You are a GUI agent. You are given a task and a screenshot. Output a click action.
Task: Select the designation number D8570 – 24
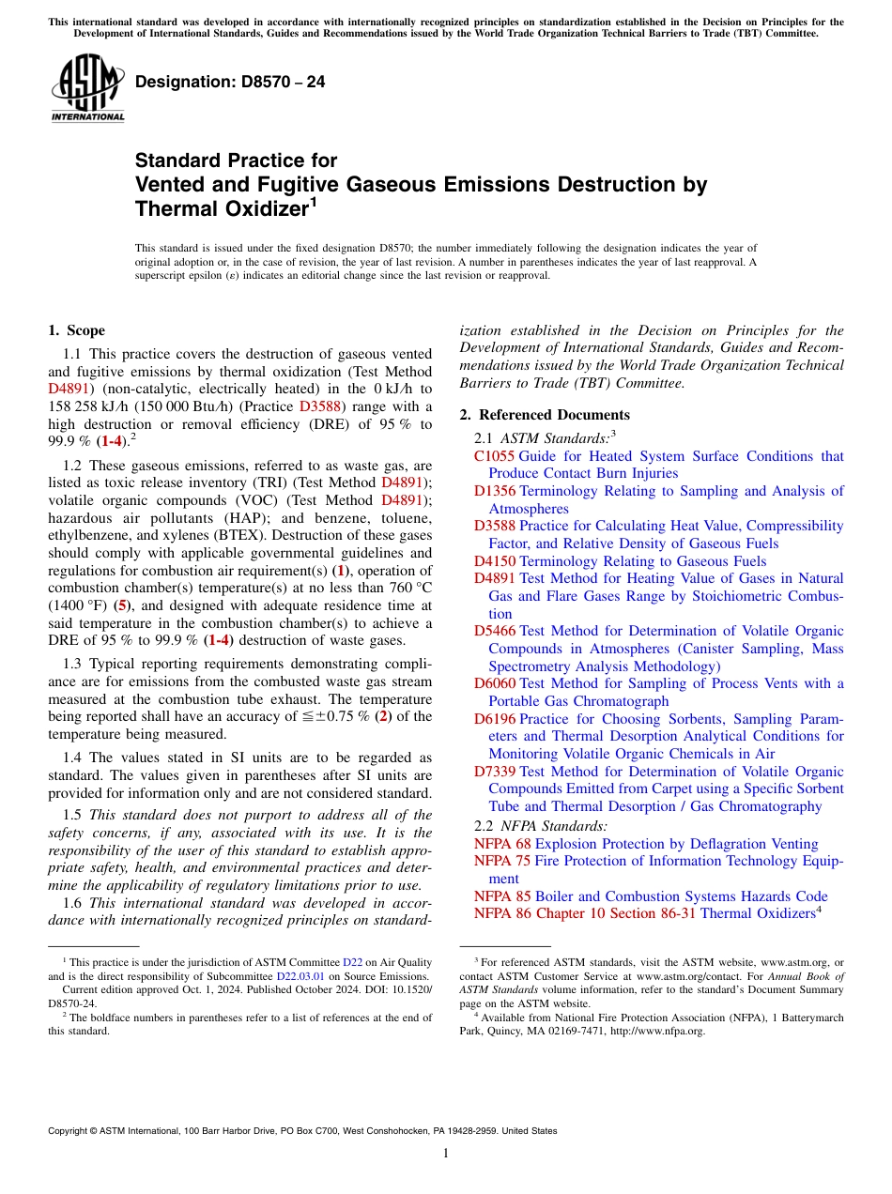pyautogui.click(x=230, y=82)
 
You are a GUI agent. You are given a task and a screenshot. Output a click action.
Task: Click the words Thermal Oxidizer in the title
pyautogui.click(x=222, y=208)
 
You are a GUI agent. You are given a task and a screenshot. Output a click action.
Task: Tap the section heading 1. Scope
pyautogui.click(x=76, y=330)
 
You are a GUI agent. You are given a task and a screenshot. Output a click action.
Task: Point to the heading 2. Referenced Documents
pyautogui.click(x=545, y=415)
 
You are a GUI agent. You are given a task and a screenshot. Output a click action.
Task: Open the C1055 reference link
pyautogui.click(x=493, y=456)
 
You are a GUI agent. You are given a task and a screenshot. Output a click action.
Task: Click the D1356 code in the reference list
pyautogui.click(x=495, y=491)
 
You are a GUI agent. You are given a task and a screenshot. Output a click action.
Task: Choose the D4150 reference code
pyautogui.click(x=495, y=561)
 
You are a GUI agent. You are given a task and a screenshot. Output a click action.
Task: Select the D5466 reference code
pyautogui.click(x=495, y=631)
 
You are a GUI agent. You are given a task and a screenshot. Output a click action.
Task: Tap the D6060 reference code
pyautogui.click(x=495, y=683)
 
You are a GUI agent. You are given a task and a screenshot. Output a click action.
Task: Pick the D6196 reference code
pyautogui.click(x=495, y=719)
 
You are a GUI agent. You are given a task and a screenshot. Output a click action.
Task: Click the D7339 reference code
pyautogui.click(x=495, y=772)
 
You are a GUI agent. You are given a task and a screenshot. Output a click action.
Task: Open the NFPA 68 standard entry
pyautogui.click(x=502, y=844)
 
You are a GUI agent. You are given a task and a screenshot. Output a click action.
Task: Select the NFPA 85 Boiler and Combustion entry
pyautogui.click(x=651, y=896)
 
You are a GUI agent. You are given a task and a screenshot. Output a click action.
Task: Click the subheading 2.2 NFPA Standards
pyautogui.click(x=540, y=826)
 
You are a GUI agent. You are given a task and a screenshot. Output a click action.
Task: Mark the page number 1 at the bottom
pyautogui.click(x=446, y=1154)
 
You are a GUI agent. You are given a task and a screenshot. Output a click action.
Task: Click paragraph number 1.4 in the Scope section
pyautogui.click(x=73, y=758)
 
